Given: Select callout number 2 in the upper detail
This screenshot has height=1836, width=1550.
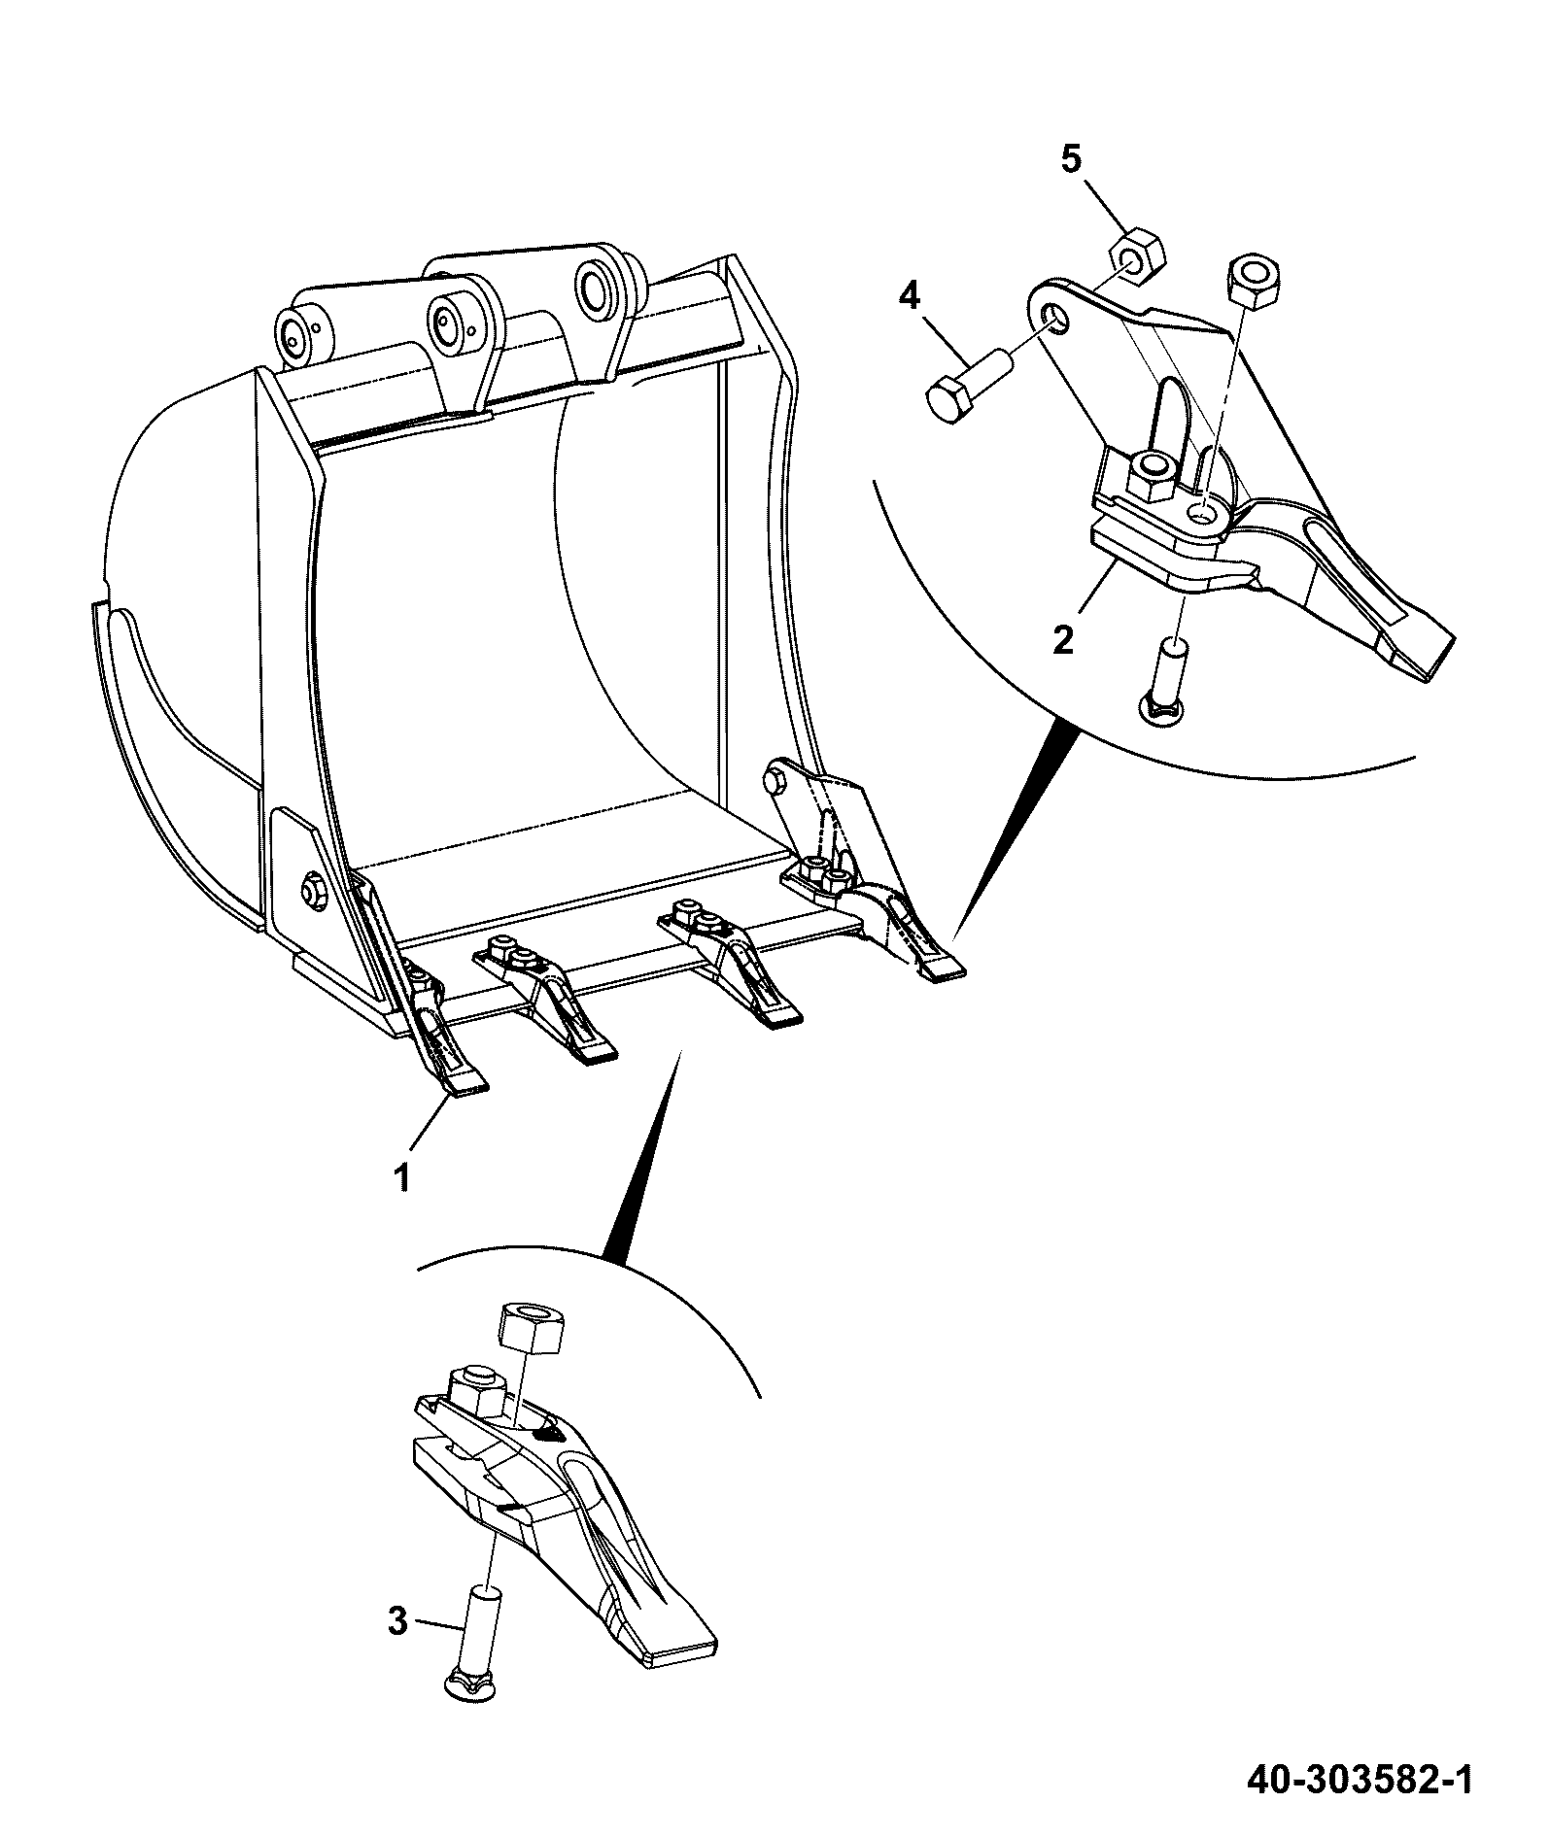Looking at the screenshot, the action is tap(1063, 639).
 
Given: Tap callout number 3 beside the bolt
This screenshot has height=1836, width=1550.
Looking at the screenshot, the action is tap(397, 1621).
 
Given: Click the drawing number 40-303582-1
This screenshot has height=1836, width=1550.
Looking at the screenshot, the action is tap(1360, 1779).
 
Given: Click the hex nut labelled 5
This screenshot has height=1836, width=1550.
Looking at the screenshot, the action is tap(1136, 252).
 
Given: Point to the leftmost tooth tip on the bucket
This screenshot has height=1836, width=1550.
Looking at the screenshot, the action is tap(466, 1087).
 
